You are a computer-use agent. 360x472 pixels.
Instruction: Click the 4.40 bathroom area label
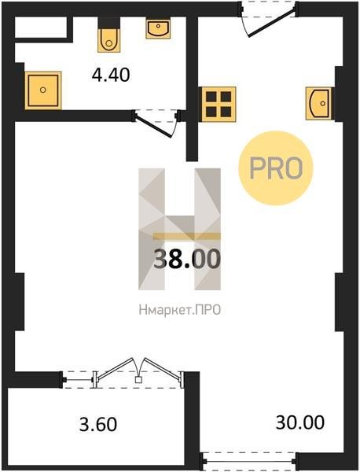(x=111, y=75)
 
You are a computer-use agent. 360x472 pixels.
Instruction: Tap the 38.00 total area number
(x=187, y=259)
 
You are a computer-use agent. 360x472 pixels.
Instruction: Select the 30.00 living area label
(x=300, y=422)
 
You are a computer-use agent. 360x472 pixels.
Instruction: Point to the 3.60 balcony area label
(x=98, y=424)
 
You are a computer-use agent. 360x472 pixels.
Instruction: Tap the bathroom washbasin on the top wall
(x=158, y=28)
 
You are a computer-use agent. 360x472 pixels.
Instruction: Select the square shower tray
(x=43, y=90)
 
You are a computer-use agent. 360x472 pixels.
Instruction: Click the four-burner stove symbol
(x=219, y=104)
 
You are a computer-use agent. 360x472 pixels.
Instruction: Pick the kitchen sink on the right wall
(x=320, y=104)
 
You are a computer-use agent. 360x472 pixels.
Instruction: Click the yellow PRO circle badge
(x=276, y=168)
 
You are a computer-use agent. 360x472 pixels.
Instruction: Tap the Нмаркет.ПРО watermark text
(x=180, y=310)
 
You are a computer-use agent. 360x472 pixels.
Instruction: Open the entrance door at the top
(x=268, y=19)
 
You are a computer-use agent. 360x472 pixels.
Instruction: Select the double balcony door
(x=138, y=373)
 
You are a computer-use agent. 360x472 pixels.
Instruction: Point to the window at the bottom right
(x=249, y=461)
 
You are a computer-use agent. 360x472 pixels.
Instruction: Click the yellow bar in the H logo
(x=187, y=236)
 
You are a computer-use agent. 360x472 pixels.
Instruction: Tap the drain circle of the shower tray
(x=43, y=90)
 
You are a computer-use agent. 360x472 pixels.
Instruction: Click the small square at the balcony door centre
(x=138, y=380)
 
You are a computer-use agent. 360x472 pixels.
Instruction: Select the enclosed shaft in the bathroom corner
(x=41, y=28)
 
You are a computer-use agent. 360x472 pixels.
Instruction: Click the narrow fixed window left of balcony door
(x=78, y=380)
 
